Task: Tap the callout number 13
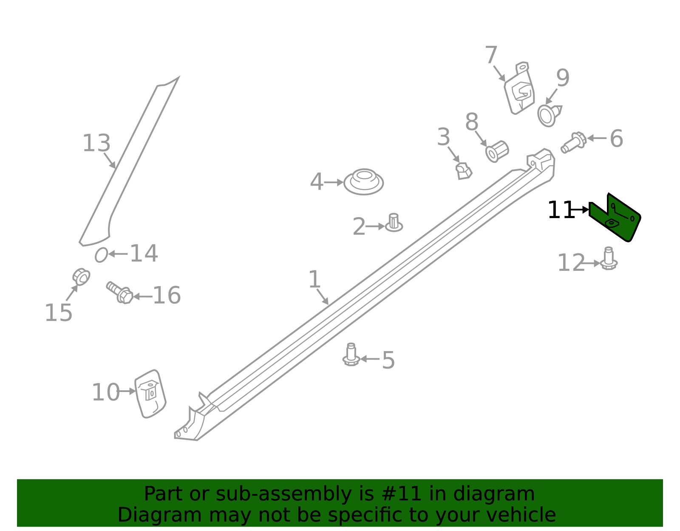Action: coord(96,143)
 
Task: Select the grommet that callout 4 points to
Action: coord(364,182)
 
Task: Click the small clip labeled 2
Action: coord(394,223)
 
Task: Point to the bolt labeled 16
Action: coord(120,292)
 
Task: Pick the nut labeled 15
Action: coord(81,277)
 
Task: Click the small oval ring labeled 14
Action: coord(101,255)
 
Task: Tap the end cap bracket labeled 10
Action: coord(150,394)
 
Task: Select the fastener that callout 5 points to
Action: coord(351,355)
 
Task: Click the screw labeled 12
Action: coord(608,258)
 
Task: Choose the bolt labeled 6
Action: coord(574,143)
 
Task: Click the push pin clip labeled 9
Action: coord(549,115)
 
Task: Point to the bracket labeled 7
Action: coord(519,88)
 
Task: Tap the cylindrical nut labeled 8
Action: coord(497,152)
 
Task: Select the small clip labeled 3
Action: coord(463,171)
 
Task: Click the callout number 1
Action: coord(314,279)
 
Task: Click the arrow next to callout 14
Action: coord(118,254)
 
